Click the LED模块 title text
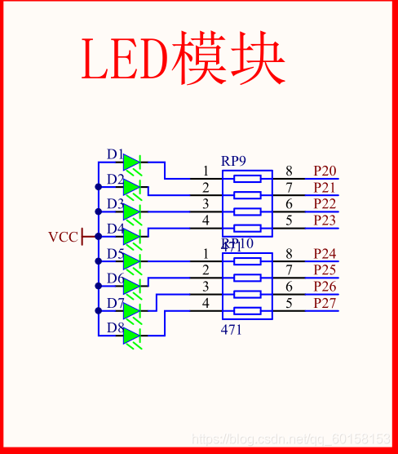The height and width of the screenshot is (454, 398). (183, 60)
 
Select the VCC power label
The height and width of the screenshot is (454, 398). (63, 237)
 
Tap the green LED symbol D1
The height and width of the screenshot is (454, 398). (132, 163)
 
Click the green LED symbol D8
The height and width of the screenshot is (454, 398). (132, 336)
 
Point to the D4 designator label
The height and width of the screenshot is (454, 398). (115, 229)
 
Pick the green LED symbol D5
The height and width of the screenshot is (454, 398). (132, 261)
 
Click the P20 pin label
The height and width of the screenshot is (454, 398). (325, 171)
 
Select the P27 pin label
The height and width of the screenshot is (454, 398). (325, 304)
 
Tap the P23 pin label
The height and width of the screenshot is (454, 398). (325, 220)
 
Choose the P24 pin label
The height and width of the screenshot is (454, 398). (325, 253)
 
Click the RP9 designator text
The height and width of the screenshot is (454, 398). (233, 161)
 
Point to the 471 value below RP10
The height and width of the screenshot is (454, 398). (232, 330)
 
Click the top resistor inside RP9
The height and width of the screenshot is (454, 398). (247, 178)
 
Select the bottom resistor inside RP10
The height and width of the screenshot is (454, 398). (247, 310)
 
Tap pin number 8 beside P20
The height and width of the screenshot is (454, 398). (289, 171)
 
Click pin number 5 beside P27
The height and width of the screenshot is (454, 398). (289, 304)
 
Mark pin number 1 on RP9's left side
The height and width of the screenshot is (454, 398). (206, 171)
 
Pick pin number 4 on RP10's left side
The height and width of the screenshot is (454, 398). (206, 304)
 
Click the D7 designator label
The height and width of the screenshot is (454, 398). (115, 303)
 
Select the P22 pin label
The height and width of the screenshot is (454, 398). (325, 204)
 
